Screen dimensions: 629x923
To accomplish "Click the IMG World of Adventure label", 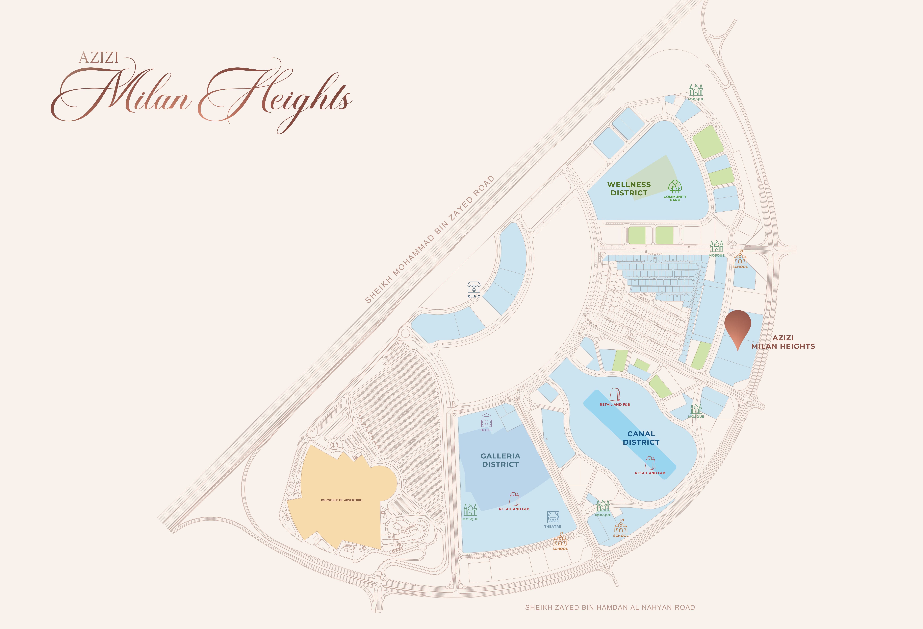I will [341, 500].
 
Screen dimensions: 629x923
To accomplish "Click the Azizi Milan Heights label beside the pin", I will [783, 342].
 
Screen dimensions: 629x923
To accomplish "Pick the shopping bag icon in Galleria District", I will [514, 499].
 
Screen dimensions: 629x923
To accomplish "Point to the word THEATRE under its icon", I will [552, 527].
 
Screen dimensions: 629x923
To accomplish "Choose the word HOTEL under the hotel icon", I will [487, 430].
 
